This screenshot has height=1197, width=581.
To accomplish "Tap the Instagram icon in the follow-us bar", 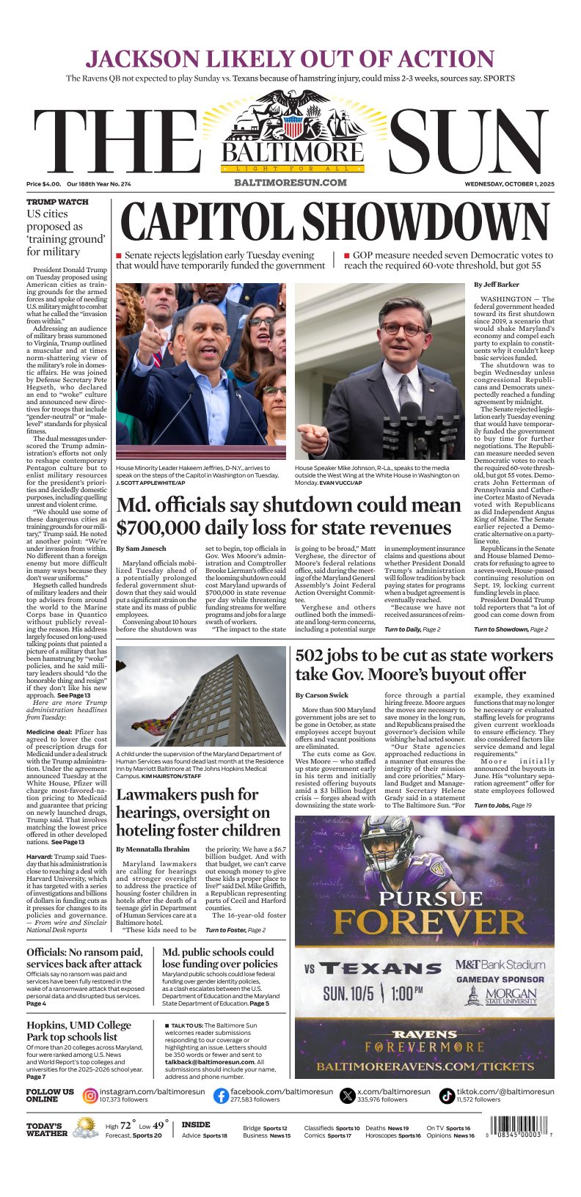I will pos(90,1096).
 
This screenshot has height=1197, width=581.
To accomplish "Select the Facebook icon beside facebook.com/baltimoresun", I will pos(221,1096).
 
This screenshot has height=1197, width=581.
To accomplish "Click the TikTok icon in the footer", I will pos(447,1096).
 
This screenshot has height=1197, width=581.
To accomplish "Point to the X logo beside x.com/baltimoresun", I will pos(348,1096).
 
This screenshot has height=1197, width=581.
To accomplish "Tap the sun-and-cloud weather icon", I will pos(86,1127).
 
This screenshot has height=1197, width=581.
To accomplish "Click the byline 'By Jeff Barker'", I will pos(497,285).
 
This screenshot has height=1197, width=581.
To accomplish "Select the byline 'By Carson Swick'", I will pos(322,695).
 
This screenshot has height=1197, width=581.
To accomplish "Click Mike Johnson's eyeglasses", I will pos(402,329).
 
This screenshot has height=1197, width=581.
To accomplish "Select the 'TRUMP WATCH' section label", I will pos(57,202).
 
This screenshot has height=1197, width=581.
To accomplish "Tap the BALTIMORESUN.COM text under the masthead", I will pos(290,183).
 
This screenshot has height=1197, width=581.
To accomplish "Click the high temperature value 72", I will pos(125,1125).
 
